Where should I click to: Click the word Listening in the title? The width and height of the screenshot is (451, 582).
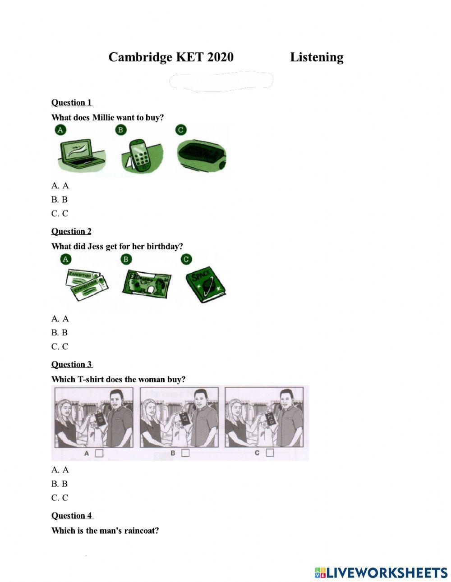coord(316,57)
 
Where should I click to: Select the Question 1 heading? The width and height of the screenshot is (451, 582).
coord(71,102)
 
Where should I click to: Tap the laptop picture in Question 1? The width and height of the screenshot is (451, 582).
coord(81,154)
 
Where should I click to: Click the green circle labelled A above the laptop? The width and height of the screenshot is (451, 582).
coord(60,130)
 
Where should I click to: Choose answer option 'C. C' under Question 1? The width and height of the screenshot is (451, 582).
coord(60,213)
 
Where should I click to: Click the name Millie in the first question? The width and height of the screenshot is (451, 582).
coord(104,118)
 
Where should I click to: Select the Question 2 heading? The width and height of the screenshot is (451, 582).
coord(71,231)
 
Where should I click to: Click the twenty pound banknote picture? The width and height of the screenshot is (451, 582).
coord(146,283)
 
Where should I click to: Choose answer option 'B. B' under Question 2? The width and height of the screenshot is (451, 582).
coord(60,333)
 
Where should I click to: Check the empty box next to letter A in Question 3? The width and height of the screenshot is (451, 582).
coord(99,453)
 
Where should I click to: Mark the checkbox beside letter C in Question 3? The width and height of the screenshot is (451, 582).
coord(270,453)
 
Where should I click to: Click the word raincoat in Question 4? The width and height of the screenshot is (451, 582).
coord(141,531)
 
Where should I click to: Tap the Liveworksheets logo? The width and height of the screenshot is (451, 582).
coord(381,573)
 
